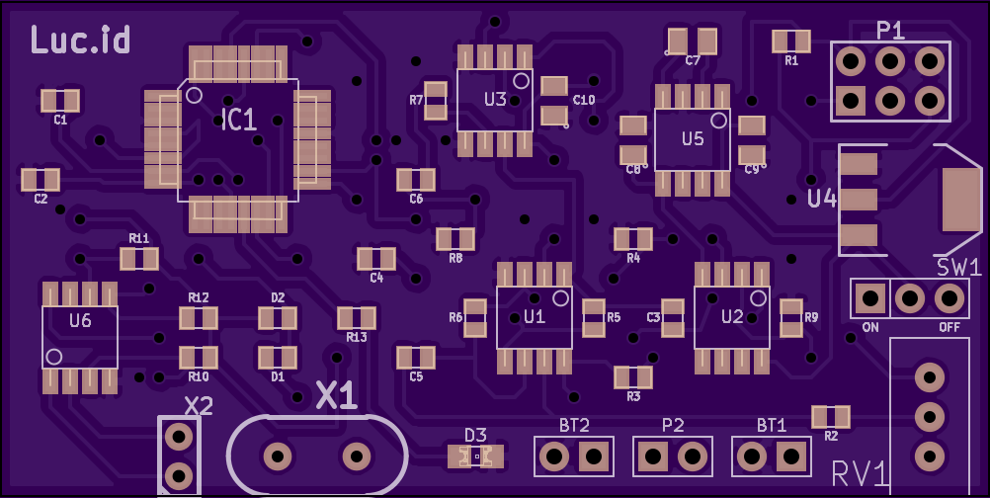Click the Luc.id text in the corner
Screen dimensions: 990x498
[80, 40]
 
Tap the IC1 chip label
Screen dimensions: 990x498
[239, 120]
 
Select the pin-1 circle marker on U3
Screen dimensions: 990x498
[521, 80]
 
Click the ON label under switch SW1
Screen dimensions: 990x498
[870, 327]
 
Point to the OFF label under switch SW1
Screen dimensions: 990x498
[949, 327]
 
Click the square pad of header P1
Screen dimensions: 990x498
[851, 101]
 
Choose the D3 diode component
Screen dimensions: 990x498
[475, 456]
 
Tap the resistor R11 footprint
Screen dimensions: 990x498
[139, 259]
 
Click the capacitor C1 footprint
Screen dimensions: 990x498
[60, 101]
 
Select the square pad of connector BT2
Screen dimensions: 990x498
[594, 456]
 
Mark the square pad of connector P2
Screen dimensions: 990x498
[653, 456]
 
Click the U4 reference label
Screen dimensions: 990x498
[822, 199]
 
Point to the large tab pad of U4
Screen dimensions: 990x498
[961, 199]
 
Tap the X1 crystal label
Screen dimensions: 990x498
[337, 396]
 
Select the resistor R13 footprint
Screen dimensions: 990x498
[357, 317]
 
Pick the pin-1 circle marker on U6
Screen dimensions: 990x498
[54, 357]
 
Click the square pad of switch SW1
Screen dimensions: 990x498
[870, 297]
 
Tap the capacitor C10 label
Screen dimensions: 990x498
[583, 100]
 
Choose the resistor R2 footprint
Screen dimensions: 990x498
[831, 417]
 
